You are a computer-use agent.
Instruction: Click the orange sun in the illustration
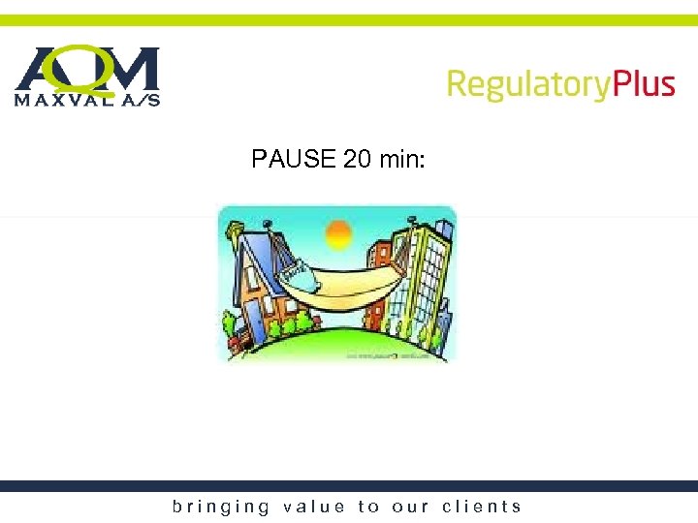[338, 234]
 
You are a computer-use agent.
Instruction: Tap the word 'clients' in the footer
[482, 507]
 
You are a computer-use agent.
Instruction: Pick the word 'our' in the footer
[411, 507]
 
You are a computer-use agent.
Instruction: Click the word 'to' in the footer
[368, 507]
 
